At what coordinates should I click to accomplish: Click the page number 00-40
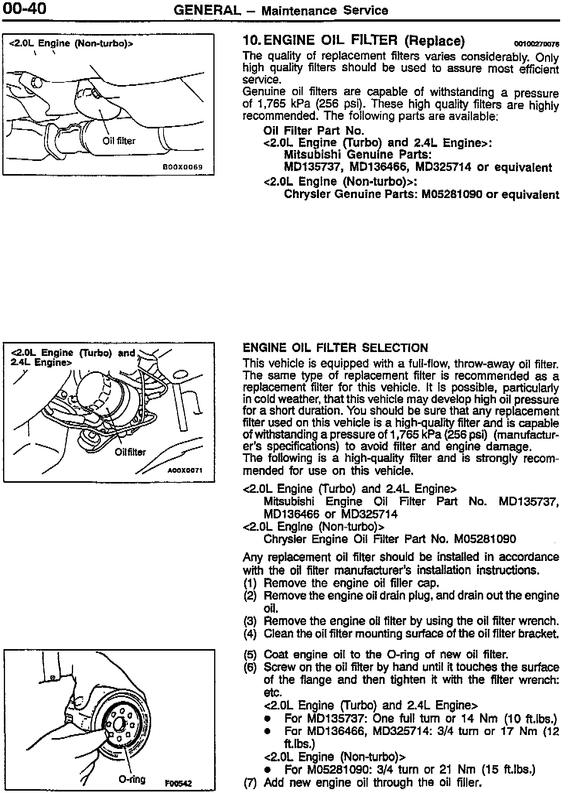tap(24, 9)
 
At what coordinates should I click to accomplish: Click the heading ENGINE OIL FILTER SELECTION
tap(335, 348)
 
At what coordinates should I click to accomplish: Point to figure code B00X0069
tap(182, 167)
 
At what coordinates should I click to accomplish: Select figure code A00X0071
tap(185, 470)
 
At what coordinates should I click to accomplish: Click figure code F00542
tap(179, 783)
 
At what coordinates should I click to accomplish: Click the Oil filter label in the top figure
tap(119, 141)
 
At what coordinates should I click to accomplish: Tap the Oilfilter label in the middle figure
tap(130, 452)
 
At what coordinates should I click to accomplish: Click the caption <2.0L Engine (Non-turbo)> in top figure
tap(71, 43)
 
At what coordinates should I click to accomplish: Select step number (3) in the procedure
tap(250, 621)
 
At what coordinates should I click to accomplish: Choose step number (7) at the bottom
tap(250, 783)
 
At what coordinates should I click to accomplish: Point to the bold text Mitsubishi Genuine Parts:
tap(358, 155)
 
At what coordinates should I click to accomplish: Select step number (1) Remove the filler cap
tap(250, 583)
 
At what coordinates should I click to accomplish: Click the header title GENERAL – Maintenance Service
tap(281, 10)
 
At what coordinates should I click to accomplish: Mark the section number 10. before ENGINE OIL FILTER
tap(252, 40)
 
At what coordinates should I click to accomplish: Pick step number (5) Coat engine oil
tap(250, 655)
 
